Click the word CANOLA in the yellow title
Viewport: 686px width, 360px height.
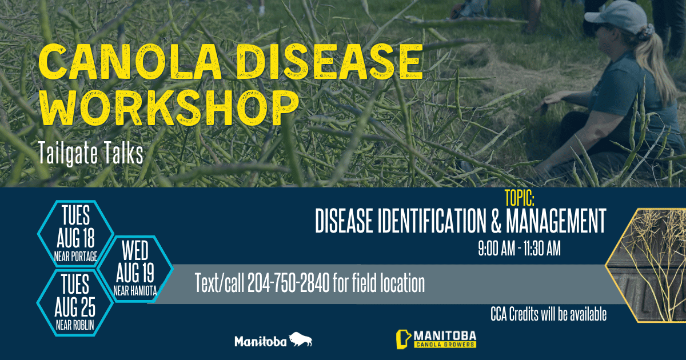point(130,61)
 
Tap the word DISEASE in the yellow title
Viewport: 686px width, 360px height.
point(330,61)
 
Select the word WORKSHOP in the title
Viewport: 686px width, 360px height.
point(169,108)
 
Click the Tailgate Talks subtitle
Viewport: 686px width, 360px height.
point(91,153)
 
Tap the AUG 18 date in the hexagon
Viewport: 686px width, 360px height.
point(75,238)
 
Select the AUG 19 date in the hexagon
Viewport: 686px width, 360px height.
point(135,273)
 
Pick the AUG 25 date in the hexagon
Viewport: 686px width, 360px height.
point(75,307)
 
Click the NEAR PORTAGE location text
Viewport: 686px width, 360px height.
point(75,257)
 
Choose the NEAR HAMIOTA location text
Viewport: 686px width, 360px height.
point(135,291)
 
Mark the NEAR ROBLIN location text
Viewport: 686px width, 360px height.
point(75,325)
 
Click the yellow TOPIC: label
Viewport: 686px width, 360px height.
point(520,198)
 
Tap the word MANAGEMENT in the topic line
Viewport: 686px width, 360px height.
point(556,221)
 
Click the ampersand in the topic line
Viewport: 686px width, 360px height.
point(496,221)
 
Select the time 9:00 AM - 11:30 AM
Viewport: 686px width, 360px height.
point(520,249)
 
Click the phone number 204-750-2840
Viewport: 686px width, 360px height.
point(289,283)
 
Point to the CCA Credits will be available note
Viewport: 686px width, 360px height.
point(548,314)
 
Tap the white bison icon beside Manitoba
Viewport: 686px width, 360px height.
point(301,339)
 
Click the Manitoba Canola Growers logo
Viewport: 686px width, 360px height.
point(436,339)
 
